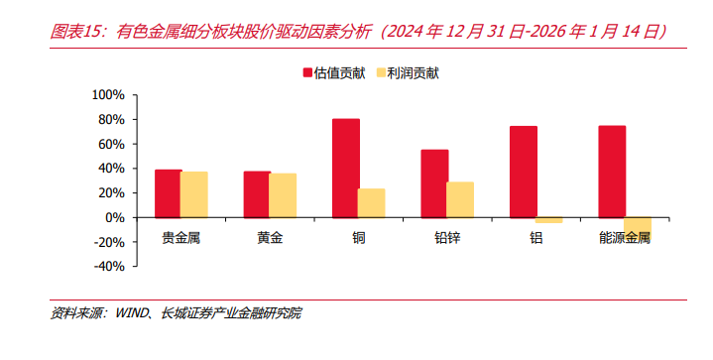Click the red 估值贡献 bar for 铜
345,168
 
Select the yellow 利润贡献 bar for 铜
371,202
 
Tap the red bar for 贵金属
168,193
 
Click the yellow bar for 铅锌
460,199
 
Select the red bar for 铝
523,172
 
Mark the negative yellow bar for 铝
548,220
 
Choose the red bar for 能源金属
612,172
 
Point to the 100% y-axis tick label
107,95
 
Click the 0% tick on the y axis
115,217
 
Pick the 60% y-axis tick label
111,144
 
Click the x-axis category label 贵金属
180,238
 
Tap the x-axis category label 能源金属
625,238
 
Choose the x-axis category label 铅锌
447,238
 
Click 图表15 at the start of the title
77,32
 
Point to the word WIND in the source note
133,313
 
